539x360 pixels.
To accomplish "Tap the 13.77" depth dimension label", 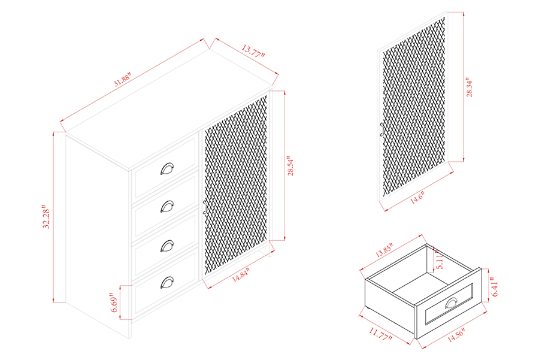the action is tap(253, 51).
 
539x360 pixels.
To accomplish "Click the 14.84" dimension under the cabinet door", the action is tap(240, 275).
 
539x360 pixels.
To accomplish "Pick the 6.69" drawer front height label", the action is tap(114, 302).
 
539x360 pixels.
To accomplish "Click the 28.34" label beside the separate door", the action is tap(469, 87).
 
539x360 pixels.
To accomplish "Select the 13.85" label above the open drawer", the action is tap(384, 250).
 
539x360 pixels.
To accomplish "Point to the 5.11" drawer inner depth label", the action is tap(440, 261).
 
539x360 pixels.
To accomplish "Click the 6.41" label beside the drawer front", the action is tap(495, 286).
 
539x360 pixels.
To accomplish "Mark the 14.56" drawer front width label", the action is tap(456, 335).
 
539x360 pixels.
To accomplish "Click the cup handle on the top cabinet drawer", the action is tap(167, 168).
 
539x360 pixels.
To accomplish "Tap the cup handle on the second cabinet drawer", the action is tap(167, 207).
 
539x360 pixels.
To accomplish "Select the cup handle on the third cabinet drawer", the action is tap(167, 246).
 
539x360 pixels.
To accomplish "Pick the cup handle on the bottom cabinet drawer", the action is tap(167, 282).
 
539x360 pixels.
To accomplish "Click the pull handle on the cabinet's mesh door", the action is tap(205, 207).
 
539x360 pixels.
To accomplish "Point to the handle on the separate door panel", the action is tap(381, 129).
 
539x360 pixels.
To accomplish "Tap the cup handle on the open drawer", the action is tap(452, 303).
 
